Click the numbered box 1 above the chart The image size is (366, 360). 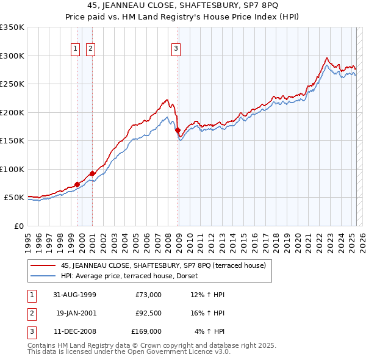pos(75,49)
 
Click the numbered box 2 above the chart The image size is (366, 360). pos(90,49)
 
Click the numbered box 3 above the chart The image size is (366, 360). pos(176,49)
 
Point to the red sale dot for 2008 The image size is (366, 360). pos(178,130)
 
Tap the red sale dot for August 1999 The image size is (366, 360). pos(77,184)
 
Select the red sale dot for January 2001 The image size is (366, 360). pos(92,173)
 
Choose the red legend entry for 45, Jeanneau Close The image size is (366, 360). pos(163,265)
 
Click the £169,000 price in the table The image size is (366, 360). pos(146,331)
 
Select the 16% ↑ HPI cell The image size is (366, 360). pos(210,313)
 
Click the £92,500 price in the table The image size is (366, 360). pos(148,313)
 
